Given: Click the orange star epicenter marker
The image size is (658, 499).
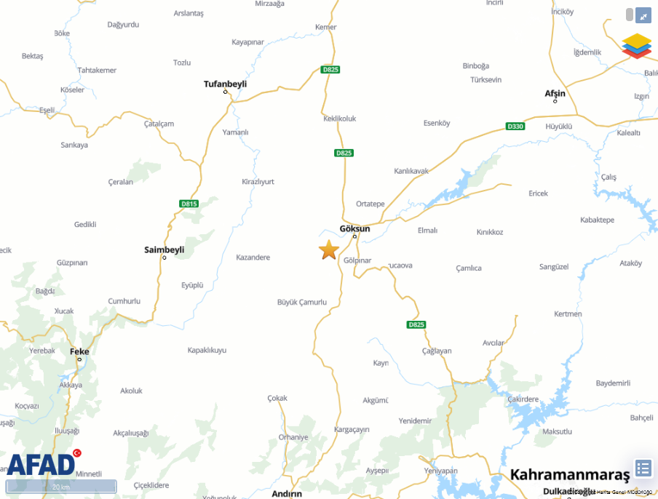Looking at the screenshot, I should click(x=329, y=249).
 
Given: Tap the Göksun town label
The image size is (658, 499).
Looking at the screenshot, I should click(x=355, y=228).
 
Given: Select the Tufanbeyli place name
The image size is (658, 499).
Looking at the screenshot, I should click(x=225, y=84).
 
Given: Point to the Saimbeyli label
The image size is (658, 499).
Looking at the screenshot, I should click(x=164, y=249).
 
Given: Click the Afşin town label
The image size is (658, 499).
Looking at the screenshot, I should click(x=555, y=93).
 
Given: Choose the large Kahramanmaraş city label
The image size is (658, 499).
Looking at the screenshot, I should click(x=570, y=475).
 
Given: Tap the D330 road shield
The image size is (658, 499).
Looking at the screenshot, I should click(x=515, y=127).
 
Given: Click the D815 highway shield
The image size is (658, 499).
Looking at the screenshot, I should click(x=189, y=204).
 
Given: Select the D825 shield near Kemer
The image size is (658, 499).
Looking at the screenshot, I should click(x=330, y=70).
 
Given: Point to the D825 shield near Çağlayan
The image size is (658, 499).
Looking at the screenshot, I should click(x=416, y=324).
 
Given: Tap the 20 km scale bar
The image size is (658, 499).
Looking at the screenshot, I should click(x=61, y=487).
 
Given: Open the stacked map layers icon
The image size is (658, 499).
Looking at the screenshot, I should click(x=636, y=45).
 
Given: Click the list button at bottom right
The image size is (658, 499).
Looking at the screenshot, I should click(x=643, y=468).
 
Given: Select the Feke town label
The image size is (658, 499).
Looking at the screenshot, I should click(x=79, y=351).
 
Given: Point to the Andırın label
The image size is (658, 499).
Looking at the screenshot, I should click(x=286, y=493).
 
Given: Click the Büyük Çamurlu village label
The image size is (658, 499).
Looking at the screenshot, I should click(x=302, y=302).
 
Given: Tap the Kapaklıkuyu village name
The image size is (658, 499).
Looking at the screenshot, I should click(x=207, y=350).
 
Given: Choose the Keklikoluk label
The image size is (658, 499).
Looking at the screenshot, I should click(x=340, y=119).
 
